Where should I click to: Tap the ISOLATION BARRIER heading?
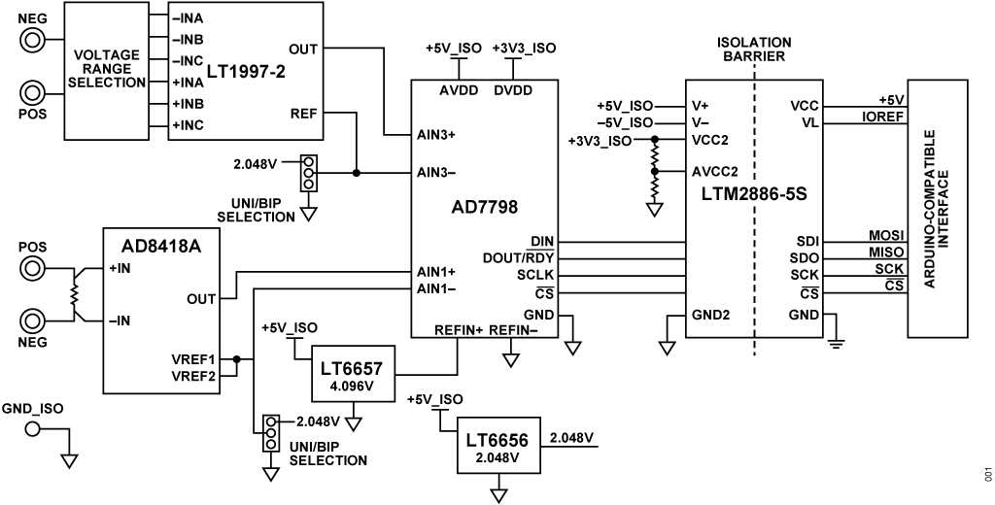coord(753,49)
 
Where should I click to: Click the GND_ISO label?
coord(33,408)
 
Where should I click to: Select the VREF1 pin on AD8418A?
coord(194,357)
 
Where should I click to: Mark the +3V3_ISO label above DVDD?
coord(525,49)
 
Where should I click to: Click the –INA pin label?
coord(189,18)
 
